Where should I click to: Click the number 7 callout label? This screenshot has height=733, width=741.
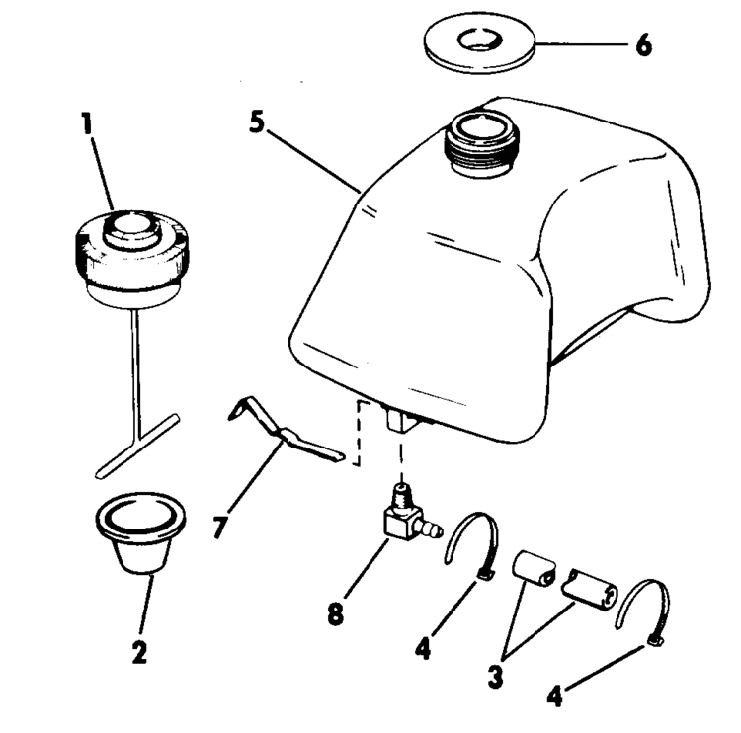pos(219,526)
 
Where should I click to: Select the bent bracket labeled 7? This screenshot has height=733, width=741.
pos(287,432)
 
